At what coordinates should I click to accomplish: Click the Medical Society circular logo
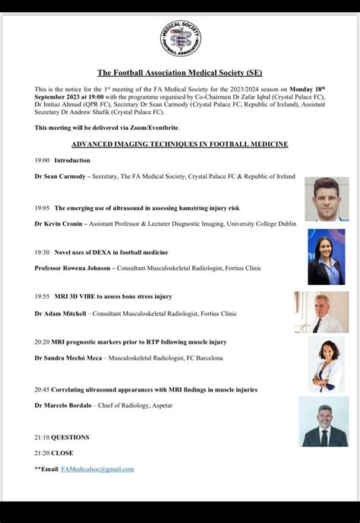180,39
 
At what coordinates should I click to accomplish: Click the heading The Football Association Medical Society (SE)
180,73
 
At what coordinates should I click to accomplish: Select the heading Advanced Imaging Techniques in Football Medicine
180,144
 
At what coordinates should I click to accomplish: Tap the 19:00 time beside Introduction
42,160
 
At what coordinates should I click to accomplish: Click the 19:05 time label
42,208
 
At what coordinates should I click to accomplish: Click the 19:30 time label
42,252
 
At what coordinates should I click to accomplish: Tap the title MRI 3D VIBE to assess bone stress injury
113,296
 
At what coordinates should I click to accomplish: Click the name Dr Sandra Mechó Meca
69,358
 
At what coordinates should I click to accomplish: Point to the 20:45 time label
42,389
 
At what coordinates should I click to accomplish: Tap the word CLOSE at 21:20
62,452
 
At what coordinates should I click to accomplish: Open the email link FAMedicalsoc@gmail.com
97,469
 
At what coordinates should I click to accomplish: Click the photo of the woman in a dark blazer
326,257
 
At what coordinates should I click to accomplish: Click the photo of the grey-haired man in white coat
322,312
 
